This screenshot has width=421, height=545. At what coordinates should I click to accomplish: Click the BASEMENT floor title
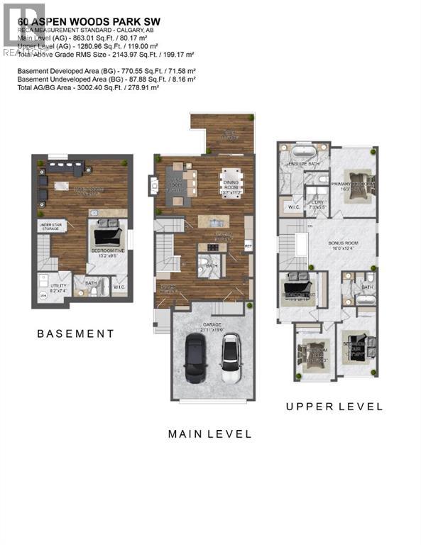75,334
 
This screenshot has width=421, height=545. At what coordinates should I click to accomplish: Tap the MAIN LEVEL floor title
209,434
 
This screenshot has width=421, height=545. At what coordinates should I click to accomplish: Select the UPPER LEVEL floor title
334,407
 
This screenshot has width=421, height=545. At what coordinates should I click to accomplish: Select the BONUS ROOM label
339,245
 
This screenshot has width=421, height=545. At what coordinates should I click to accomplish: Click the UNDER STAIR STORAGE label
53,226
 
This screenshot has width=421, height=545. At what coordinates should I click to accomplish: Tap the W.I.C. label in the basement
120,287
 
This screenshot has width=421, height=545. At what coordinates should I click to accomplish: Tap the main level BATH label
211,267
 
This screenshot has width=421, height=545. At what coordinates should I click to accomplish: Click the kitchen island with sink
213,221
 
